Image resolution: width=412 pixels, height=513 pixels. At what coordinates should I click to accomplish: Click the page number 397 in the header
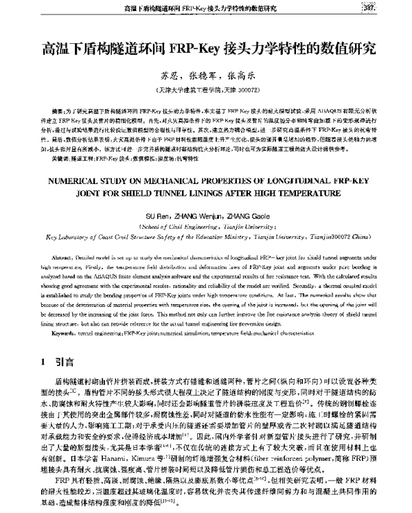click(x=392, y=8)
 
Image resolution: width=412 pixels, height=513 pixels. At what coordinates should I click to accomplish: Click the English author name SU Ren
click(x=157, y=214)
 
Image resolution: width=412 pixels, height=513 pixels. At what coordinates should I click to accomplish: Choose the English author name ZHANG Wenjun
click(x=197, y=214)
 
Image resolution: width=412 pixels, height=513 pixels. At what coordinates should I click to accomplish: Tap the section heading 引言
click(x=65, y=361)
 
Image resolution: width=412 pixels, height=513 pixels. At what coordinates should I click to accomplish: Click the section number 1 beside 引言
click(x=44, y=361)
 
